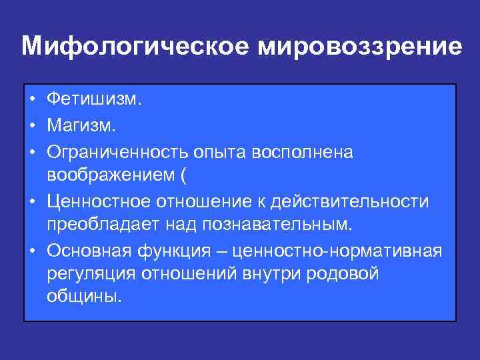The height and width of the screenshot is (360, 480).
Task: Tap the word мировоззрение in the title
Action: [357, 47]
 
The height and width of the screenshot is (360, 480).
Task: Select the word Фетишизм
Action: [94, 100]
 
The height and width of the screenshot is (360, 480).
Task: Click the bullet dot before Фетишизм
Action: [33, 100]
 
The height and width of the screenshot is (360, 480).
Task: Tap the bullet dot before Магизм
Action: [33, 125]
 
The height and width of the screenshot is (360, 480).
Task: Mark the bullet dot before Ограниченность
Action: [33, 152]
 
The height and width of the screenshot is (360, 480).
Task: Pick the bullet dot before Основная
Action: [33, 250]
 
